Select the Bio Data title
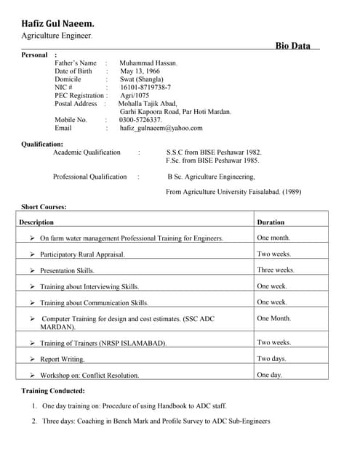[292, 46]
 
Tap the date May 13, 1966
[139, 71]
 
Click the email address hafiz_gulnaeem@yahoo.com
[161, 128]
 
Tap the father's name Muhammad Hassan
[148, 63]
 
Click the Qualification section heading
[42, 144]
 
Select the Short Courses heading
[44, 207]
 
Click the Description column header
[36, 222]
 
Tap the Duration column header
[271, 222]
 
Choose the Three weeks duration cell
[276, 270]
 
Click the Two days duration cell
[271, 359]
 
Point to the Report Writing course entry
[62, 360]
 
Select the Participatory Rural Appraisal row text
[82, 255]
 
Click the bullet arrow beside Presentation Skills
[33, 271]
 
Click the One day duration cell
[269, 375]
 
